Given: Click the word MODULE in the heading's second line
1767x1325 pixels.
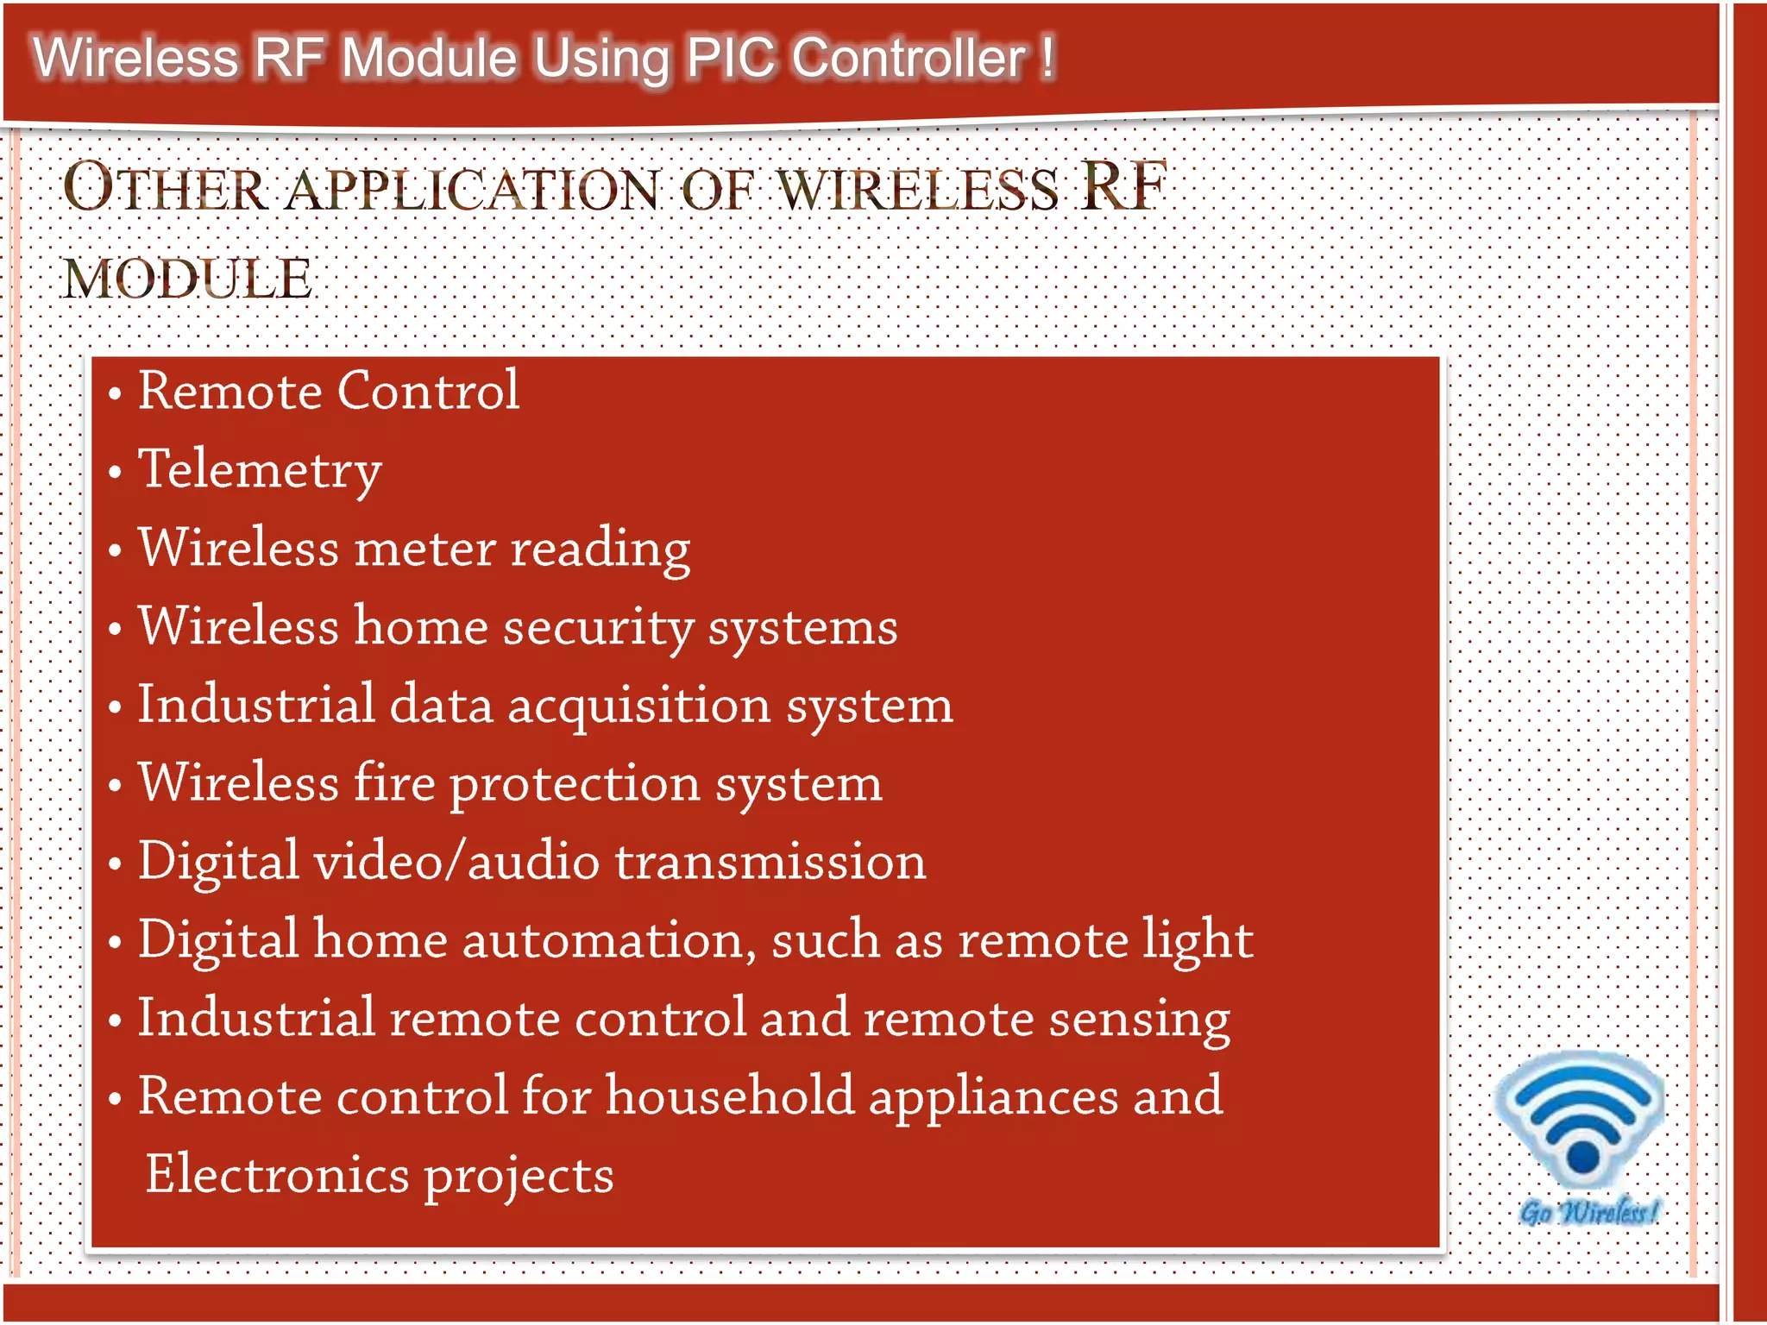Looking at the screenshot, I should (x=187, y=279).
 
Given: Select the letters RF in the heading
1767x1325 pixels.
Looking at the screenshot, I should (x=1122, y=186).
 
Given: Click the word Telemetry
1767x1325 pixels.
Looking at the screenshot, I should (x=260, y=470).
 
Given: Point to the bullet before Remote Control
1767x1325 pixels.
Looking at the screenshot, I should (x=115, y=394).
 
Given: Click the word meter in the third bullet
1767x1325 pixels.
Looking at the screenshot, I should (x=424, y=549).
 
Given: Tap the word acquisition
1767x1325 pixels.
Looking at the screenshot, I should (x=638, y=705).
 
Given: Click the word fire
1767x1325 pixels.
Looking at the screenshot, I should (x=394, y=783).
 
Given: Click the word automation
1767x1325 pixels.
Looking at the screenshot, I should (x=609, y=939).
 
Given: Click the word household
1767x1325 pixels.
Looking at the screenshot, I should (x=729, y=1096).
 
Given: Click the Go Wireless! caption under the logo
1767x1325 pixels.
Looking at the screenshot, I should (x=1588, y=1212).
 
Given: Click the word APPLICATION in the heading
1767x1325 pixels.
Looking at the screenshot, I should (x=473, y=190).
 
